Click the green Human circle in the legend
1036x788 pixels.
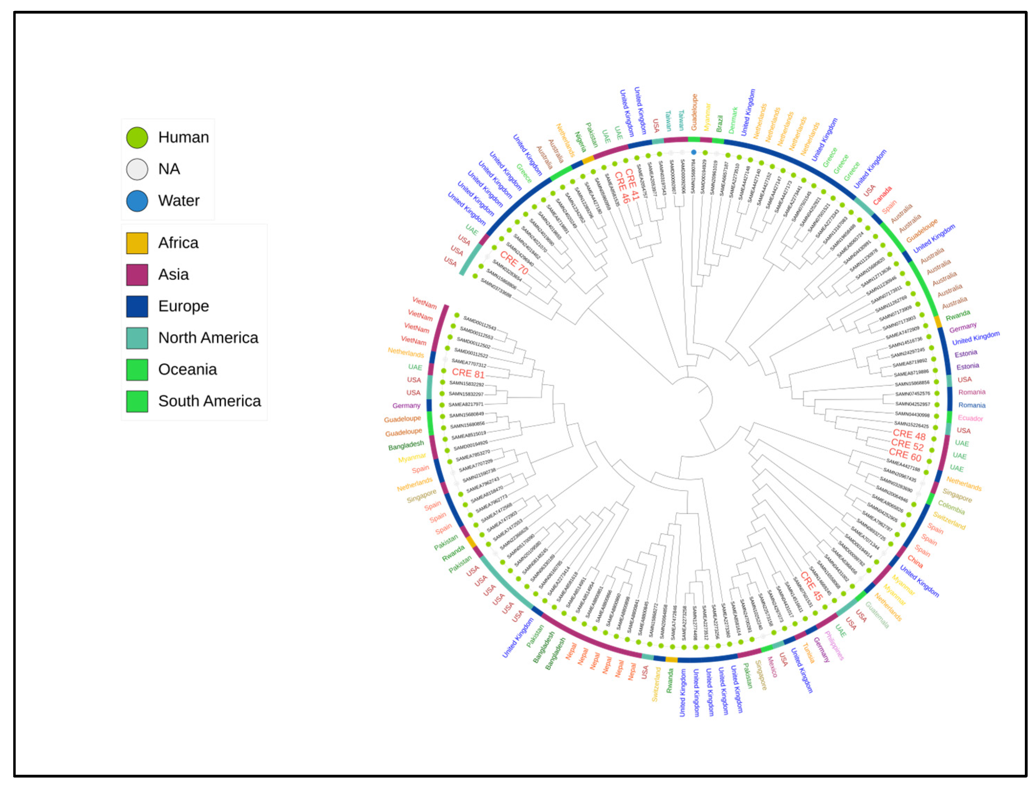coord(137,138)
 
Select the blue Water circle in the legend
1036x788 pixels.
coord(137,201)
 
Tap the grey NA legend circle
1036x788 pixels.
coord(137,169)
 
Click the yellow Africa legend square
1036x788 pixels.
coord(137,243)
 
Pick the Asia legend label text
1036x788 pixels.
coord(173,275)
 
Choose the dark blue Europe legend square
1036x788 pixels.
coord(137,306)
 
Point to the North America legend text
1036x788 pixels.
coord(208,338)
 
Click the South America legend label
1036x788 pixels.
coord(209,401)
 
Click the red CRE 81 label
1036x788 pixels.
coord(467,373)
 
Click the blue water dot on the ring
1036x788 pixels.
coord(694,152)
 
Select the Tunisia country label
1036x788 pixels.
coord(808,653)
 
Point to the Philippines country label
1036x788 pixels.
coord(834,646)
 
